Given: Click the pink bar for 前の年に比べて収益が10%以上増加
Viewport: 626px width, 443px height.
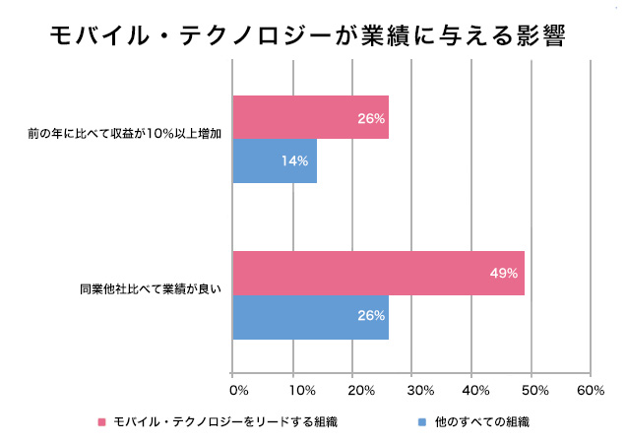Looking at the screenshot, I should pos(310,117).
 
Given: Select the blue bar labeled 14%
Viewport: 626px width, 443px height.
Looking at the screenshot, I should pos(275,160).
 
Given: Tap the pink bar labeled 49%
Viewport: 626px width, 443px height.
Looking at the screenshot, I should pos(378,274).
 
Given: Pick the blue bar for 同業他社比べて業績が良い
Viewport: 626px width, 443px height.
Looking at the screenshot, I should pos(310,317).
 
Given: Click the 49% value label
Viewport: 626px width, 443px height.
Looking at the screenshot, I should pos(503,274).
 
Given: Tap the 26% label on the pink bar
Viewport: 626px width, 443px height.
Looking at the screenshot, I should pos(371,118).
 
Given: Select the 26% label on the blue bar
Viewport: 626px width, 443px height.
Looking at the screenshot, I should pos(371,317).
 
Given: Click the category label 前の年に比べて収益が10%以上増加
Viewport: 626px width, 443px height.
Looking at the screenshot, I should pos(125,139).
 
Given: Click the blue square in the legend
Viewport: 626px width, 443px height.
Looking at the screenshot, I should pos(420,422).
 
